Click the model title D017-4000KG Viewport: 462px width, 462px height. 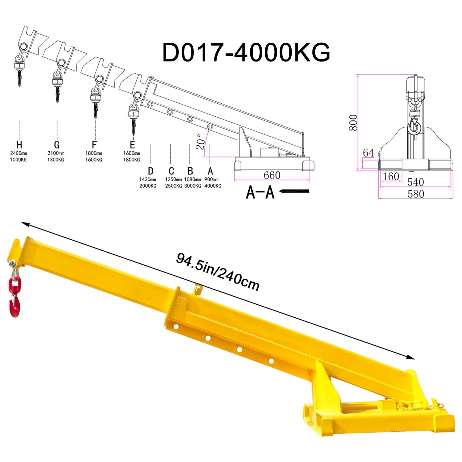(x=246, y=52)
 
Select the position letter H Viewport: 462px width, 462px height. (x=19, y=144)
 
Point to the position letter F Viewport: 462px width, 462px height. (x=94, y=144)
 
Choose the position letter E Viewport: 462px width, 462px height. (x=132, y=144)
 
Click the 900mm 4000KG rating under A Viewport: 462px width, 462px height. (x=213, y=182)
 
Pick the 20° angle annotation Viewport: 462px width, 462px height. (x=200, y=142)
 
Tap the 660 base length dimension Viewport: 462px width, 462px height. (x=272, y=175)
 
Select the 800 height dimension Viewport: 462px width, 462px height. (x=353, y=122)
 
